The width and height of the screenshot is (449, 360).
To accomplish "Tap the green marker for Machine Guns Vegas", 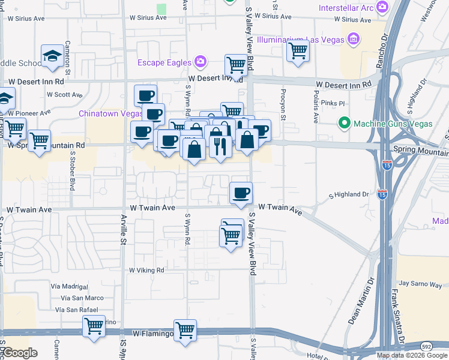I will coord(344,124).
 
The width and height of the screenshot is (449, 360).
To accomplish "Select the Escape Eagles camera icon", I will coord(200,62).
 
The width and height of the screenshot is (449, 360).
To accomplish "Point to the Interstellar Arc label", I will coord(346,8).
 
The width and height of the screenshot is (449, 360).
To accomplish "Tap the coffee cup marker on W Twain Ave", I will coord(241,194).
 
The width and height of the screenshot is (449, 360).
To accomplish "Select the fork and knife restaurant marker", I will coord(220,146).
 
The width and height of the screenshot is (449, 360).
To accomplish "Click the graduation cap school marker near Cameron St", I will coord(52,57).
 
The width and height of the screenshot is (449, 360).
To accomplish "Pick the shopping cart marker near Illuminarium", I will coord(297,52).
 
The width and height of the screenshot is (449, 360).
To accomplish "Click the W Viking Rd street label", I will coord(146,271).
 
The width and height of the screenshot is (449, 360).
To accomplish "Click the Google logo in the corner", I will coord(20,353).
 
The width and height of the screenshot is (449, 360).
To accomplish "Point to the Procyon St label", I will coord(282,103).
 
